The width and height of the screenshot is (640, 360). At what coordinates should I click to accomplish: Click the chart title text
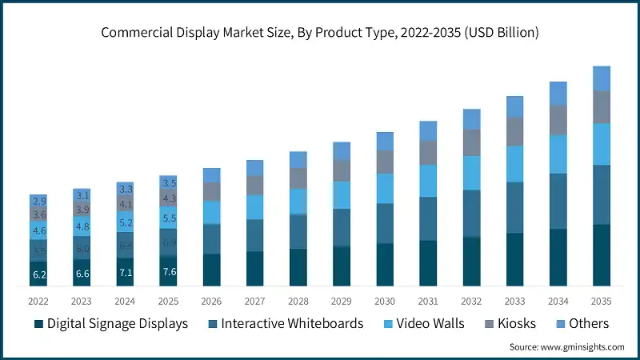[x=320, y=33]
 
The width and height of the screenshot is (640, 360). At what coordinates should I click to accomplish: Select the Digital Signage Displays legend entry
[x=111, y=324]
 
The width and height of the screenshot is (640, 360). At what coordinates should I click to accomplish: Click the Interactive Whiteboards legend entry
[x=284, y=324]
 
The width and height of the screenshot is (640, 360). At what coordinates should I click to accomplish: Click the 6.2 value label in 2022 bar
[x=38, y=274]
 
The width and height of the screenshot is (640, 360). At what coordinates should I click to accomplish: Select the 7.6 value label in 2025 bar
[x=168, y=271]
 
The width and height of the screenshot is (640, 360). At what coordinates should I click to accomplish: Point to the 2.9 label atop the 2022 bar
[x=38, y=201]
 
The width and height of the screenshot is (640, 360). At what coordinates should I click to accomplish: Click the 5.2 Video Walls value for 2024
[x=125, y=222]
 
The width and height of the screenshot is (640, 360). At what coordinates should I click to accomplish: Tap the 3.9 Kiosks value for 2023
[x=82, y=210]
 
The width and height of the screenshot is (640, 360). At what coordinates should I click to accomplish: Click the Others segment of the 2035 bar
[x=602, y=78]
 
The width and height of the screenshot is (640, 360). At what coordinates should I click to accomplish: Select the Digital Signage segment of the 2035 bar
[x=602, y=255]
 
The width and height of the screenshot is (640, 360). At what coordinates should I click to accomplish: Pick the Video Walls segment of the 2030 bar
[x=385, y=188]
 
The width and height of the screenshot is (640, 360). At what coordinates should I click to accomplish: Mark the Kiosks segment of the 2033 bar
[x=515, y=132]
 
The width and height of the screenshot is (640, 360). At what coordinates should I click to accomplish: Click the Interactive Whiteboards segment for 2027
[x=255, y=235]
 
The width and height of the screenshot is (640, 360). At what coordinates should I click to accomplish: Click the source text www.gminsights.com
[x=567, y=347]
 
